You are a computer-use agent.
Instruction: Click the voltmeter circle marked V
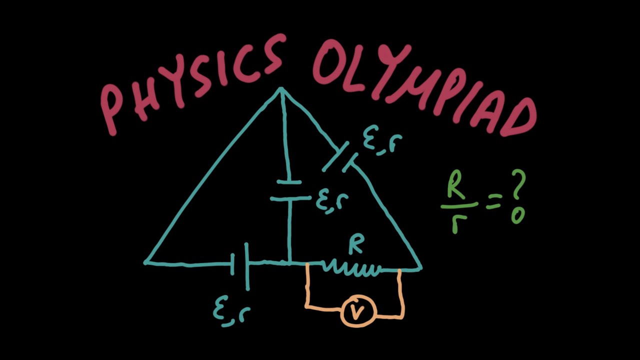(x=358, y=311)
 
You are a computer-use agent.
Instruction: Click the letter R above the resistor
(x=356, y=245)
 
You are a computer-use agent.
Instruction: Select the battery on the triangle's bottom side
(x=240, y=265)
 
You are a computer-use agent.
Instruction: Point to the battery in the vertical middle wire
(x=289, y=190)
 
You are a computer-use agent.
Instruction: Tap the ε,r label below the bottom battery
(x=231, y=313)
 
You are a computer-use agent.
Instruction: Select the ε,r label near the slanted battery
(x=382, y=142)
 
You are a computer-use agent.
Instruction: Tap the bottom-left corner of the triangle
(x=145, y=262)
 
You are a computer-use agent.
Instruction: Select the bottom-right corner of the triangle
(x=421, y=268)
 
